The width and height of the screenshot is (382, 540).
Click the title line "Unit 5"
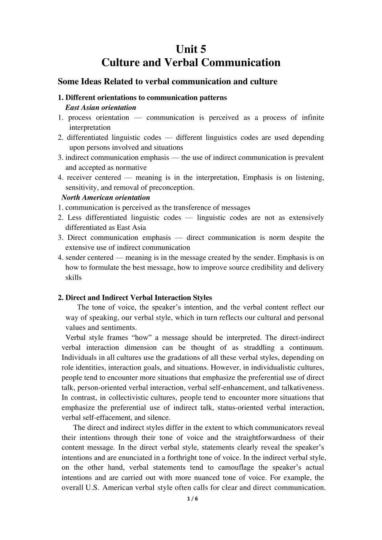tap(191, 49)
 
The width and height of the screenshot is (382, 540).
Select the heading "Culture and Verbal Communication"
tap(191, 63)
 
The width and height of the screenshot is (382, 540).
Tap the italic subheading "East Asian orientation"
tap(101, 107)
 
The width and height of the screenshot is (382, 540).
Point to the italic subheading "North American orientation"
tap(106, 197)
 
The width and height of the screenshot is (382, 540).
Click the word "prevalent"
tap(309, 157)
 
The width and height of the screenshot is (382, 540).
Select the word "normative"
tap(132, 168)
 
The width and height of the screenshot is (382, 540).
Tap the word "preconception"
tap(171, 187)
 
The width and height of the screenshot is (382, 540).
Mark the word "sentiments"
tap(119, 327)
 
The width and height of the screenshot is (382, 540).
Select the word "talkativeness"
tap(302, 387)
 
